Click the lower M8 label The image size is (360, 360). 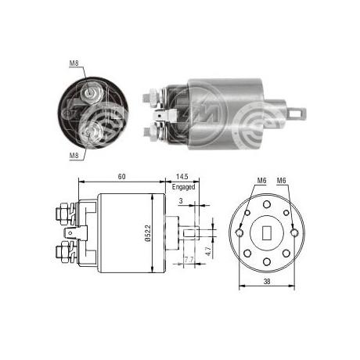coord(73,155)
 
